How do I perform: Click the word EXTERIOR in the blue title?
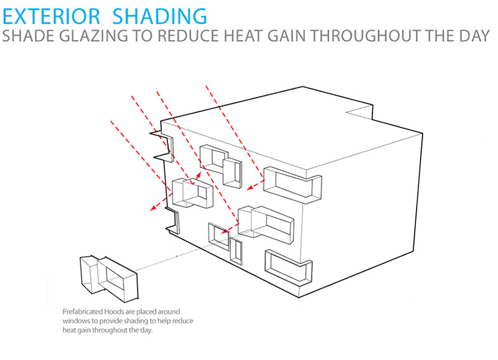(x=52, y=16)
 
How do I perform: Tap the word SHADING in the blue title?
(x=160, y=16)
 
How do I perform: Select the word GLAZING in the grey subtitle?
(x=93, y=36)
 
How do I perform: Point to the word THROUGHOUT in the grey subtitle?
(x=367, y=36)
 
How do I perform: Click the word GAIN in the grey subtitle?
(x=288, y=36)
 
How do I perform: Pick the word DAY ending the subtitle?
(x=474, y=36)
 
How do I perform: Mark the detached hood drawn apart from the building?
(x=109, y=279)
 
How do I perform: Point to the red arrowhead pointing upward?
(x=199, y=176)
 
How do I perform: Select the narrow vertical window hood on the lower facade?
(x=237, y=252)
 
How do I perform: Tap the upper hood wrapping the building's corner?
(x=293, y=184)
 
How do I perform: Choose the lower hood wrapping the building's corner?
(x=289, y=267)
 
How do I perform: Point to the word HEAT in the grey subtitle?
(x=244, y=36)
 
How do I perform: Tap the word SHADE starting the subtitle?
(x=29, y=36)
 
